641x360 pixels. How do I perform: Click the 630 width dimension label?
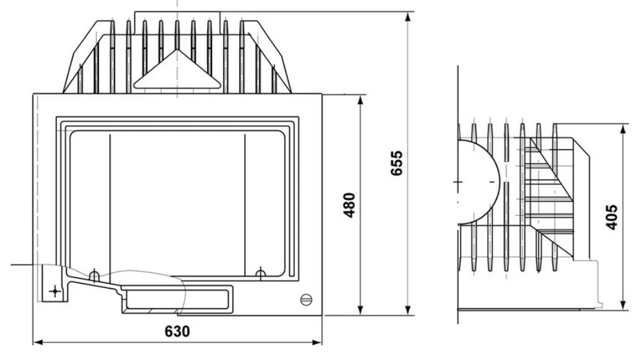[x=177, y=331]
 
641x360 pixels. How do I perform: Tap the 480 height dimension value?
[x=349, y=205]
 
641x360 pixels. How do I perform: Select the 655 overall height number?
[x=396, y=163]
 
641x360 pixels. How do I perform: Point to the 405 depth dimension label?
[x=611, y=217]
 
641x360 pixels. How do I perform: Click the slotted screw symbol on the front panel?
[x=306, y=299]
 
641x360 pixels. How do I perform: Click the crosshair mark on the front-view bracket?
[x=55, y=291]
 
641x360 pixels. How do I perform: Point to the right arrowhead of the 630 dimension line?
[x=317, y=342]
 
